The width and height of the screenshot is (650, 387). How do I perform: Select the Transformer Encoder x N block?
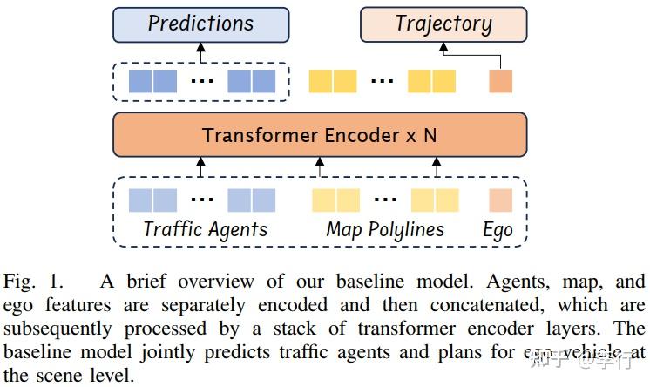[x=319, y=135]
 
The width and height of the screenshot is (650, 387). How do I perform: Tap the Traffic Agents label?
[x=205, y=230]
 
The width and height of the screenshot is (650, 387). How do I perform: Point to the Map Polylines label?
[x=384, y=230]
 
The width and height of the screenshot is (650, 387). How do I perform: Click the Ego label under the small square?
[x=498, y=231]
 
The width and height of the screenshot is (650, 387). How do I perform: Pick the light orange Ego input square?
[x=500, y=200]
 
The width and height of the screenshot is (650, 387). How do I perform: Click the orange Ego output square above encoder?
[x=500, y=81]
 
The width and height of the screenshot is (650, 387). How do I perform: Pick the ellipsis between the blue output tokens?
[x=201, y=82]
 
